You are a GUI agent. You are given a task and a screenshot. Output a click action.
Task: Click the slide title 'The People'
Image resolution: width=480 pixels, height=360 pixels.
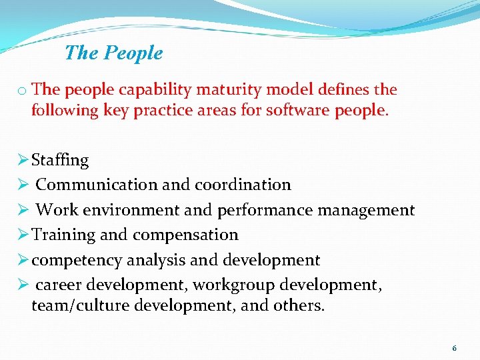[113, 53]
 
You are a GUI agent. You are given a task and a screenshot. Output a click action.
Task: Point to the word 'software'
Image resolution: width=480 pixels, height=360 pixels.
[297, 110]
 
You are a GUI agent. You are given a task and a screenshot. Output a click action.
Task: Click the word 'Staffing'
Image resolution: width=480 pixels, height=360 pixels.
[60, 160]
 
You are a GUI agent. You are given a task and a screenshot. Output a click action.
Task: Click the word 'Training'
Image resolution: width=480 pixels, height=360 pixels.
[64, 235]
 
